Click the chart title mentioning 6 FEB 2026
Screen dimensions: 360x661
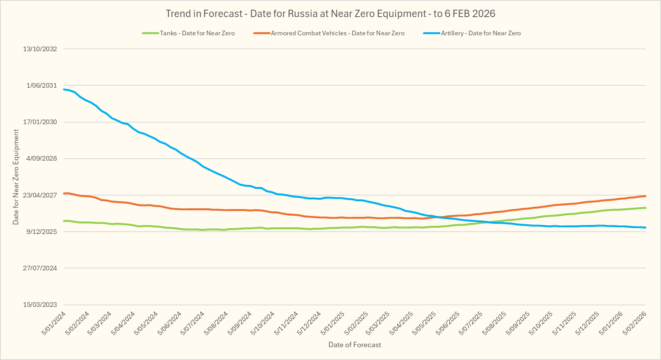pos(330,14)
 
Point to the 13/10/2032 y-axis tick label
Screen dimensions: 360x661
pos(40,49)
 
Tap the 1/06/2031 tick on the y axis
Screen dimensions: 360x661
pos(41,85)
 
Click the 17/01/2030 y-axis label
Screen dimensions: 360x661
pos(40,122)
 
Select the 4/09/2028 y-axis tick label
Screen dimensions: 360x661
pos(41,158)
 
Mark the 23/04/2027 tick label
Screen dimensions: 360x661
pos(40,195)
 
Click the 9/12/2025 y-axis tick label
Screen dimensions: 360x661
pos(41,232)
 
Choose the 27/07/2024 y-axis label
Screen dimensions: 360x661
pos(40,268)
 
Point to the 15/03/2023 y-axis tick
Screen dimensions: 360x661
pos(40,305)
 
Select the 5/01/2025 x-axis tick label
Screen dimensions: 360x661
pos(333,323)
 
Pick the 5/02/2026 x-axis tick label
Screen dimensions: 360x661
pos(635,323)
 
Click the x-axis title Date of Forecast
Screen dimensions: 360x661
pos(354,345)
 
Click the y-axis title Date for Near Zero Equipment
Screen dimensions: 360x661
pos(16,177)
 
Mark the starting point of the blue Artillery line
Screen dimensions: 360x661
pos(64,89)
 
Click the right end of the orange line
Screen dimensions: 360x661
pos(645,196)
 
